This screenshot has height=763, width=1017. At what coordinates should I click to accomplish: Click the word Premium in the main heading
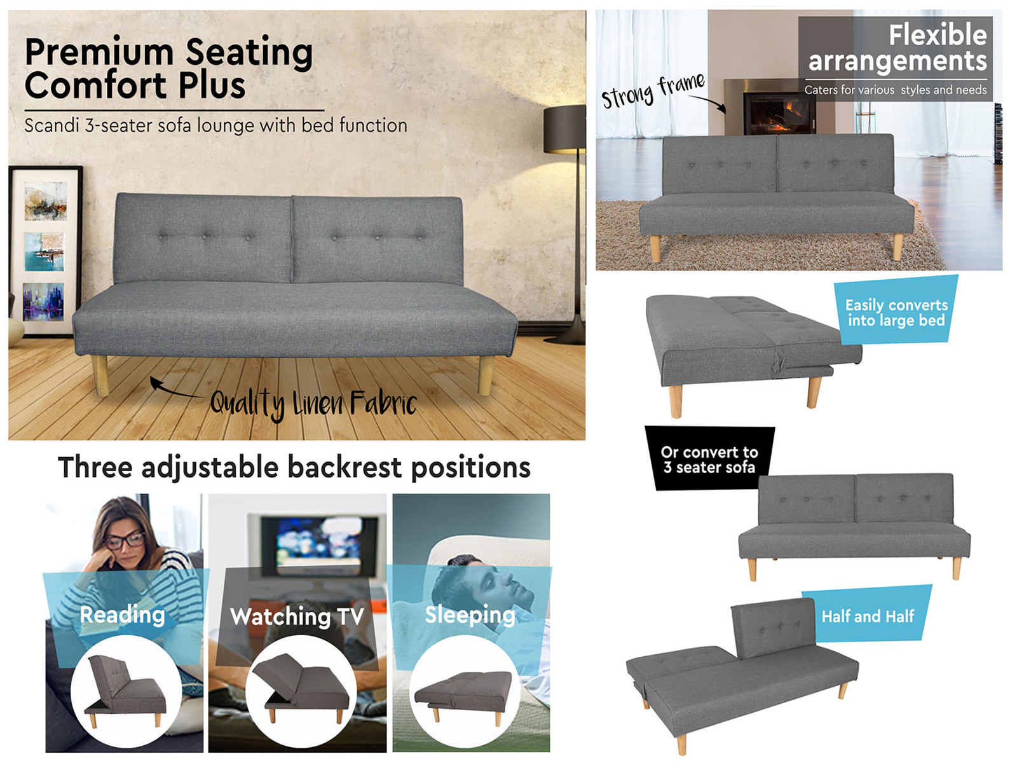(x=99, y=53)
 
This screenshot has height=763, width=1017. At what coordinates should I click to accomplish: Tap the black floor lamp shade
(x=564, y=129)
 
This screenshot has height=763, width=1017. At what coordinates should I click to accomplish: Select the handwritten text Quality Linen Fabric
(x=313, y=404)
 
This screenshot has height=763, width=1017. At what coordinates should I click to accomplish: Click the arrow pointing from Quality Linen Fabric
(x=176, y=390)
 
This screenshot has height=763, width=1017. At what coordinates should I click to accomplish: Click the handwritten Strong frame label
(x=653, y=90)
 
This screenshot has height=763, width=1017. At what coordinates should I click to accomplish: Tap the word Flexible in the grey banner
(x=938, y=35)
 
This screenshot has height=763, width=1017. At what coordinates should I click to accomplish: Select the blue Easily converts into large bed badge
(x=896, y=310)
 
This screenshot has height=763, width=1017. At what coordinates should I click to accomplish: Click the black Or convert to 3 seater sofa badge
(x=709, y=458)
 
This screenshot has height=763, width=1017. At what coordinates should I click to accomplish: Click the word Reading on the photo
(x=122, y=615)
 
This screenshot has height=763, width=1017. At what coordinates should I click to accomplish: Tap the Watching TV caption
(x=297, y=617)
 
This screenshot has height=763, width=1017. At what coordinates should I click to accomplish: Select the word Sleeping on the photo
(x=470, y=615)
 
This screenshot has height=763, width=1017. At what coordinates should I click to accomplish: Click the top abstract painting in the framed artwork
(x=45, y=200)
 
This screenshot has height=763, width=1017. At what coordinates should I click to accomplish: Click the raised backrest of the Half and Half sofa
(x=773, y=628)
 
